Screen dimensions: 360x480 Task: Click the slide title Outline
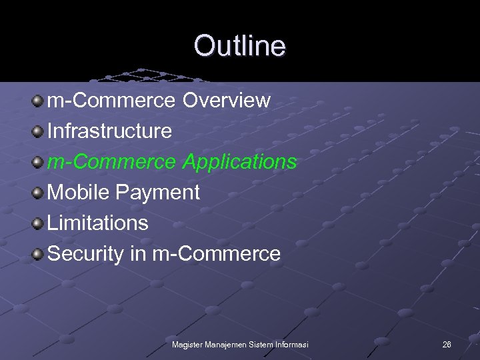[239, 46]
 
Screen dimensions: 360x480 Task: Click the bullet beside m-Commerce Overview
[39, 101]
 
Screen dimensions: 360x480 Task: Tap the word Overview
[227, 101]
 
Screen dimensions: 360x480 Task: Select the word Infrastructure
[110, 131]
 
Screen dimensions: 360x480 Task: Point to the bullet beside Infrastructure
[39, 131]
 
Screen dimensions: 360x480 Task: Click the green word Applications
[240, 162]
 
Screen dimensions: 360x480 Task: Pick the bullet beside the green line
[39, 162]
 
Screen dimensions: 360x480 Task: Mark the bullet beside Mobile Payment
[39, 193]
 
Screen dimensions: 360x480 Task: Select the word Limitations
[99, 223]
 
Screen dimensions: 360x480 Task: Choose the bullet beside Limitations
[39, 223]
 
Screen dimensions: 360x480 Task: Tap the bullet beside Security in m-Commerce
[39, 254]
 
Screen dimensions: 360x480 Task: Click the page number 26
[447, 344]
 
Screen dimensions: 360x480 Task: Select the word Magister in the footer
[188, 344]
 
